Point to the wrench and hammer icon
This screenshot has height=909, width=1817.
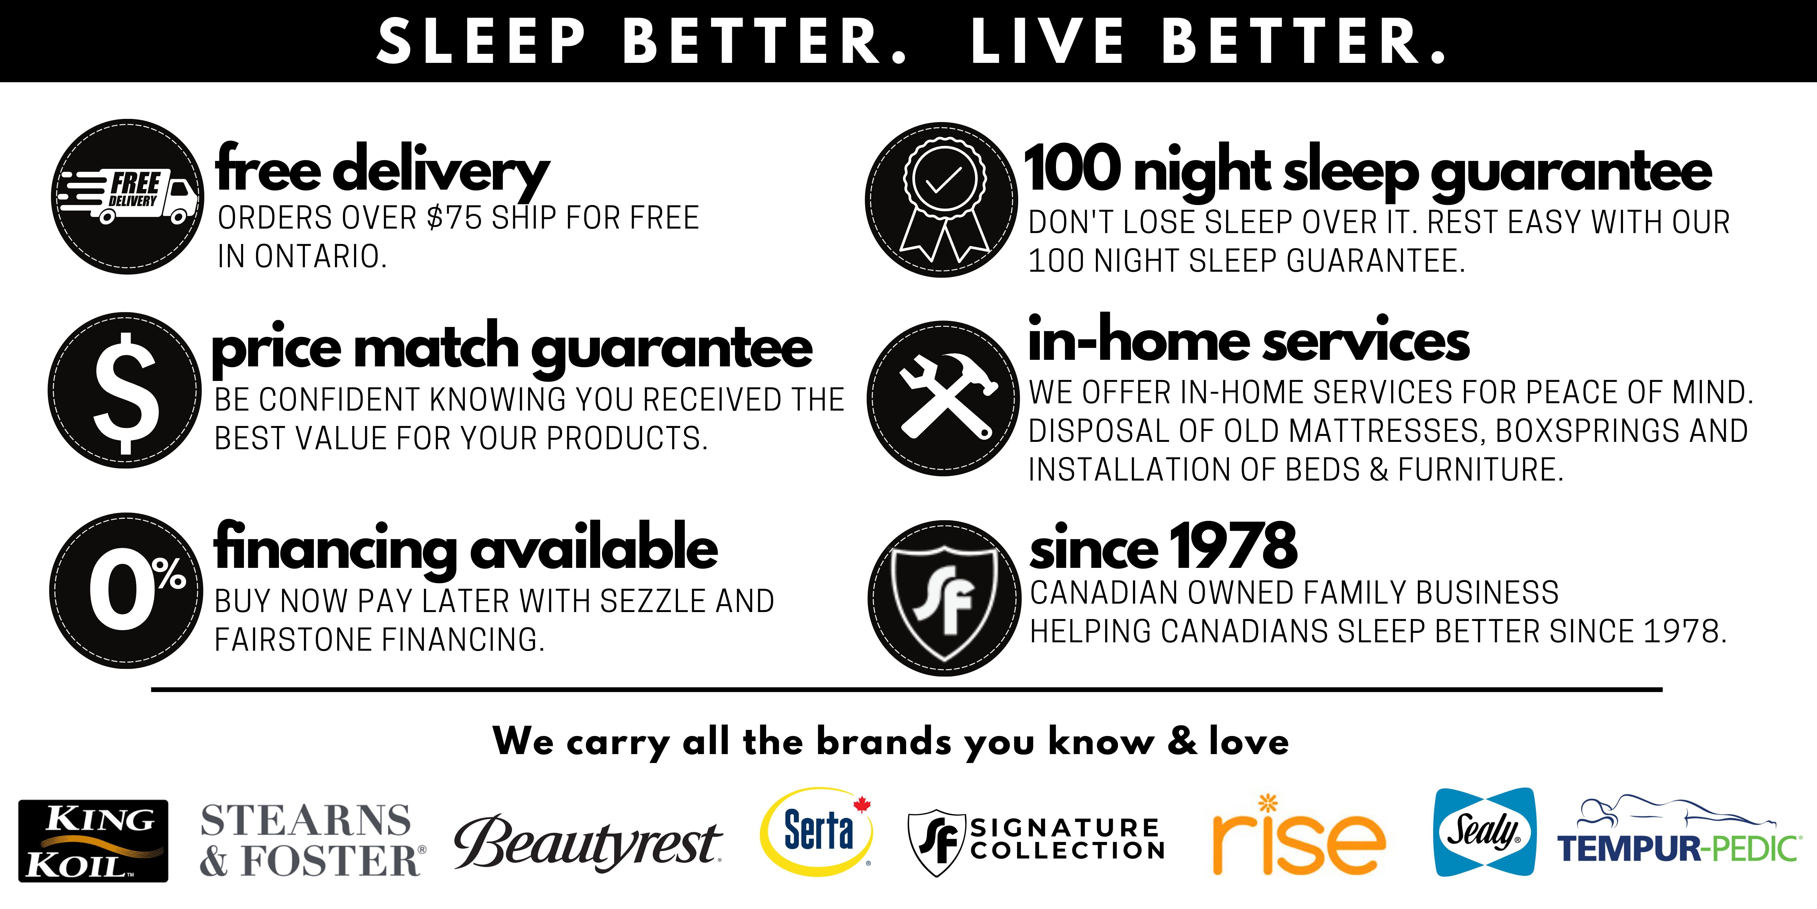tap(943, 398)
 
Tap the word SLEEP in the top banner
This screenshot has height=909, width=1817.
tap(481, 41)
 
